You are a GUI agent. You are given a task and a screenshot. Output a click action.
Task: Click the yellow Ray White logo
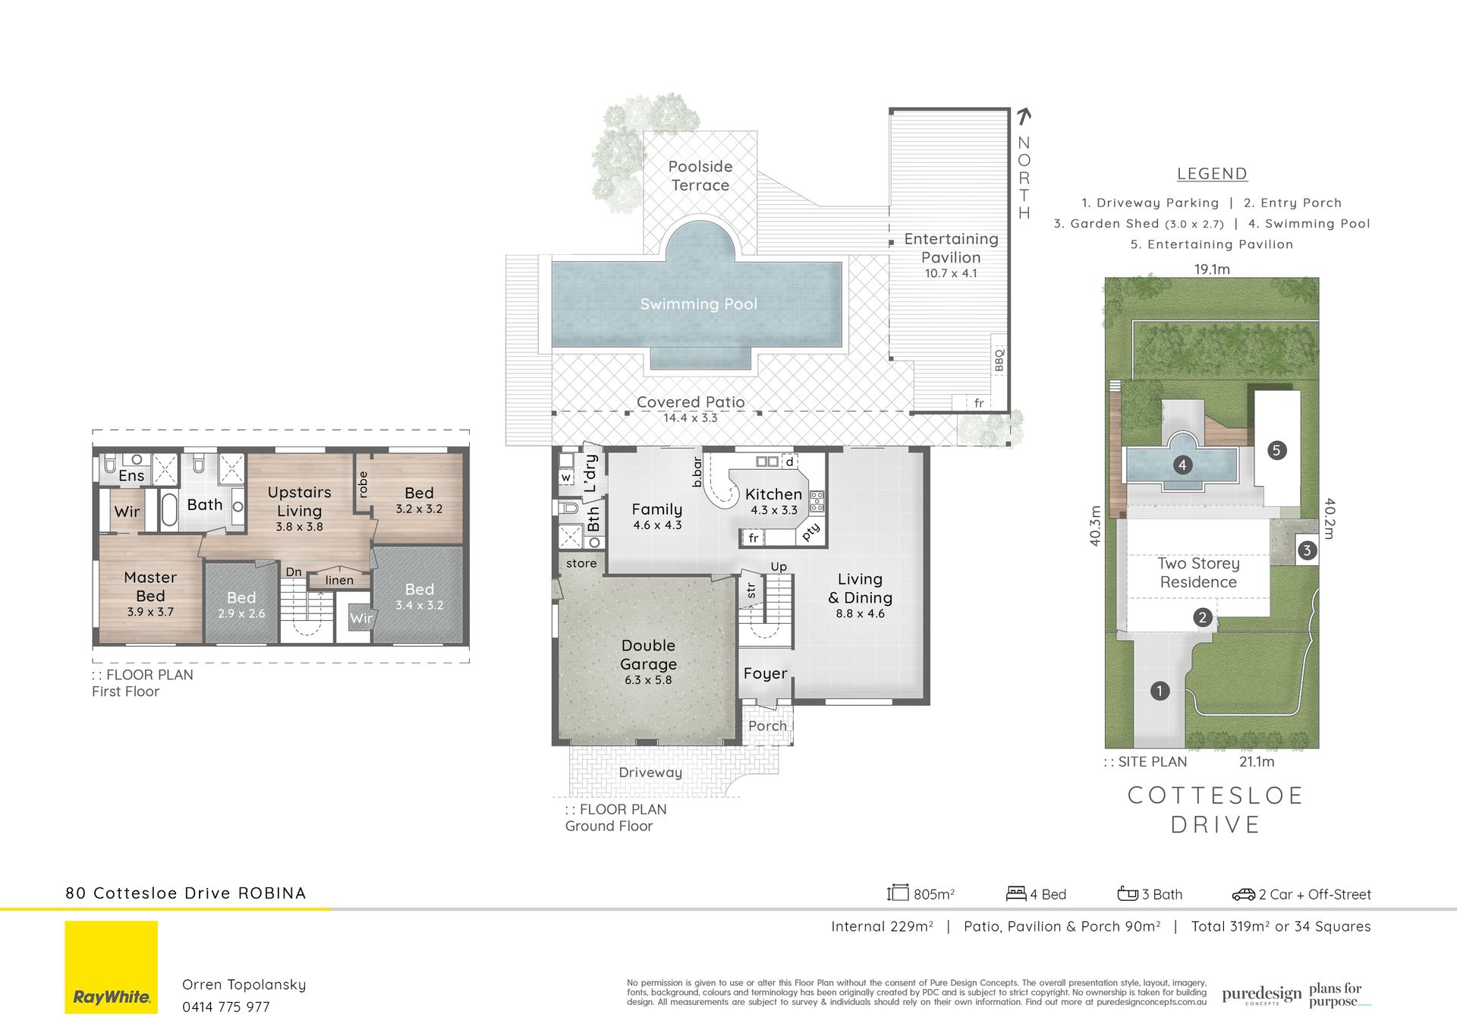[111, 967]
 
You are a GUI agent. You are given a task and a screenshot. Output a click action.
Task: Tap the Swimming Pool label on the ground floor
[698, 304]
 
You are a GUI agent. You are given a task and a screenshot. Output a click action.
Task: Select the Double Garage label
[648, 654]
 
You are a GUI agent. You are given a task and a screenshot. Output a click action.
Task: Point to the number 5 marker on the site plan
[1276, 450]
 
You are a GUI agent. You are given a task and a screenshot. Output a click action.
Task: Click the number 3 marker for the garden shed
[1307, 550]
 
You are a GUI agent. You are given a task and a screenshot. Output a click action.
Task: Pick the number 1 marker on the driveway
[1160, 691]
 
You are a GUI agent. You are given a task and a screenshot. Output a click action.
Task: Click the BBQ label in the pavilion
[999, 360]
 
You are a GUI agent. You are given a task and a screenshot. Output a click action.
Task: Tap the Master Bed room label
[150, 587]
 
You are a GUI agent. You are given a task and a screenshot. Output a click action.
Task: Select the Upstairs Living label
[299, 501]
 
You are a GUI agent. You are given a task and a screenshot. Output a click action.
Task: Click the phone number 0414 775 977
[226, 1007]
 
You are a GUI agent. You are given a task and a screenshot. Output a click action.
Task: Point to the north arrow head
[1024, 115]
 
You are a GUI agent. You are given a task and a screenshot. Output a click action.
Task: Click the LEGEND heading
[1212, 174]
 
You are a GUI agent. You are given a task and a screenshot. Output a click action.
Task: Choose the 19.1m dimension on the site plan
[1212, 269]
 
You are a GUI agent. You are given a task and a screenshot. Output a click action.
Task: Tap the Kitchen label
[773, 494]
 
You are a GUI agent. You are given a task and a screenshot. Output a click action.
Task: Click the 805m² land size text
[934, 895]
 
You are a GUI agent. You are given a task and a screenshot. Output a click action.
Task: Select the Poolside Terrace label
[700, 176]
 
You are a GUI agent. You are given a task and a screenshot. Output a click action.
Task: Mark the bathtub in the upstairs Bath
[169, 510]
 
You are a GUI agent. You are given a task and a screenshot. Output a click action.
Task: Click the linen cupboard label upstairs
[339, 580]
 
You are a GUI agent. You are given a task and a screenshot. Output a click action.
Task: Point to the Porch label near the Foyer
[767, 726]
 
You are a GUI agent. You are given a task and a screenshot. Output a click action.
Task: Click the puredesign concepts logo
[1262, 995]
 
